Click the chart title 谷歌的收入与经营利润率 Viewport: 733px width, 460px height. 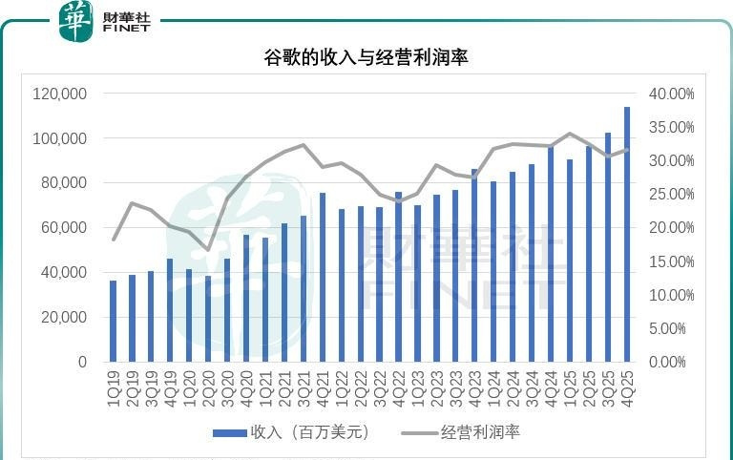tap(366, 57)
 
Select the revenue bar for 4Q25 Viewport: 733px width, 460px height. tap(627, 234)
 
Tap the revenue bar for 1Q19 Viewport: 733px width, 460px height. tap(114, 321)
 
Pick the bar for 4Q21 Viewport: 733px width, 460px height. tap(323, 277)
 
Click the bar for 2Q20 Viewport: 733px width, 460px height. tap(208, 319)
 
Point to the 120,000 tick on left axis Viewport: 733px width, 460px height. tap(60, 94)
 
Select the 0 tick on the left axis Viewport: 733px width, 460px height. tap(82, 363)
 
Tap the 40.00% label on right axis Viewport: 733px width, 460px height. tap(672, 94)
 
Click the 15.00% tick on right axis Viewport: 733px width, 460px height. tap(672, 261)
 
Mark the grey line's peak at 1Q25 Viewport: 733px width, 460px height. tap(570, 134)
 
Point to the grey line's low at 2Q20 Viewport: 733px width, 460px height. tap(208, 250)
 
